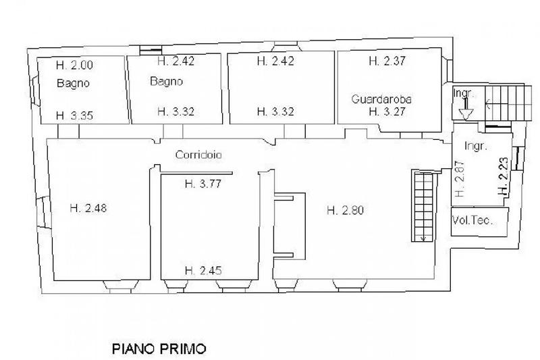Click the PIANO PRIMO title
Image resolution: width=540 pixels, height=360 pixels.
[159, 349]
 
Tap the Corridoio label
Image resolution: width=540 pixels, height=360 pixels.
[198, 155]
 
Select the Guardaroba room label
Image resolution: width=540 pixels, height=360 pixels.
[381, 99]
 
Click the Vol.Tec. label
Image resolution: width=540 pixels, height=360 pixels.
[472, 220]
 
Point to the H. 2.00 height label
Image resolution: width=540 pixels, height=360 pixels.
[74, 65]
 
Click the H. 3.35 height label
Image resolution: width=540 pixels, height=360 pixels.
[74, 115]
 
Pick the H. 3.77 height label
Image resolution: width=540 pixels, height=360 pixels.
[203, 184]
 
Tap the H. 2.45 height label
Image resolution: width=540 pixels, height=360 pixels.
[203, 270]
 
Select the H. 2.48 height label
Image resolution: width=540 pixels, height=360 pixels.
[88, 208]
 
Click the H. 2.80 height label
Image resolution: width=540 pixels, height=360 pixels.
[345, 210]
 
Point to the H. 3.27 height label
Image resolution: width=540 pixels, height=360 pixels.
[387, 111]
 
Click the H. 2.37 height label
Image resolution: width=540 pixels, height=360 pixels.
[387, 61]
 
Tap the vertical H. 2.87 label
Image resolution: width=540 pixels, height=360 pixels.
[460, 179]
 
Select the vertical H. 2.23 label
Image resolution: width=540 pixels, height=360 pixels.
[503, 176]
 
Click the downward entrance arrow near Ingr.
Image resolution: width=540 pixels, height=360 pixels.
[466, 109]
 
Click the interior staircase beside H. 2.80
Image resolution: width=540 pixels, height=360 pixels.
[423, 206]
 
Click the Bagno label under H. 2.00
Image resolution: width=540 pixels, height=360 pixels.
[73, 83]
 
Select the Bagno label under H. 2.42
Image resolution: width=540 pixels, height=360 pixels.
[166, 81]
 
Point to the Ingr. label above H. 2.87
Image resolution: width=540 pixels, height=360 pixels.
[476, 146]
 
